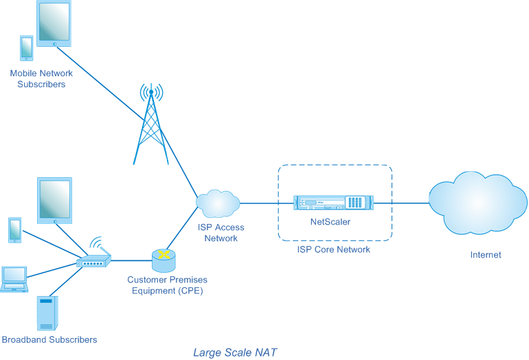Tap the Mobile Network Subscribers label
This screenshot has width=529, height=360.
point(41,78)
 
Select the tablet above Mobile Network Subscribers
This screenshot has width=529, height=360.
point(54,23)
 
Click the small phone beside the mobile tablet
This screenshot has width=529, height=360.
point(27,48)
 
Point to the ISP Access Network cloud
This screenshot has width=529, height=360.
point(218,203)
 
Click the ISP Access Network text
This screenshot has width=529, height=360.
point(221,233)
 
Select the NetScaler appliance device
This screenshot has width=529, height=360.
point(333,203)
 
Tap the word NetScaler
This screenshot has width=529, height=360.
point(330,222)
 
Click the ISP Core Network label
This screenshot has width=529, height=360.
point(333,249)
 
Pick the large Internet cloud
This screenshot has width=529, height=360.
point(477,203)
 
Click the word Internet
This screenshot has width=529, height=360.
point(486,255)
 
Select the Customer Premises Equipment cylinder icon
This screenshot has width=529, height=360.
point(164,260)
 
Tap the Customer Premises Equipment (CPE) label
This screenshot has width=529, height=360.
point(168,285)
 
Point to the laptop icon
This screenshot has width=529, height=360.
point(14,279)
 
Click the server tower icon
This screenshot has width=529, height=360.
point(47,313)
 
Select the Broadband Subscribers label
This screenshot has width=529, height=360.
point(49,339)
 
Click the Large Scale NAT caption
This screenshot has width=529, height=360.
point(235,352)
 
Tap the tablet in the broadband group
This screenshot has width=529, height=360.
point(55,201)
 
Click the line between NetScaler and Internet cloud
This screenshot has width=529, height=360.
point(401,203)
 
